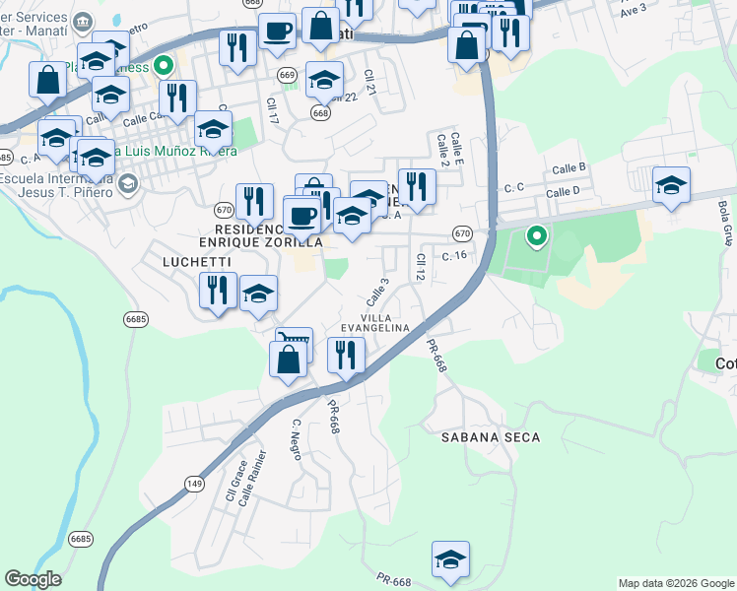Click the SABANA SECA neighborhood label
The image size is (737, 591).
[x=491, y=436]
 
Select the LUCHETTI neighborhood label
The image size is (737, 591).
[x=197, y=262]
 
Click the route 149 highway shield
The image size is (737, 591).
[x=193, y=480]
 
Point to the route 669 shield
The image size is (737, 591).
[x=287, y=76]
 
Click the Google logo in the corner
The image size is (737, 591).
[x=33, y=579]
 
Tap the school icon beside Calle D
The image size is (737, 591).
[x=671, y=186]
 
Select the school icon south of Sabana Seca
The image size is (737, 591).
[x=450, y=559]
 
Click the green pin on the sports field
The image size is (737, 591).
[x=537, y=236]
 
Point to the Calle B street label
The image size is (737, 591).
[x=569, y=169]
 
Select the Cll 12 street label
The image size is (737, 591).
[x=420, y=268]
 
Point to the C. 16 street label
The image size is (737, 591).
[x=453, y=255]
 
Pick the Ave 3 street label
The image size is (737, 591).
[x=635, y=8]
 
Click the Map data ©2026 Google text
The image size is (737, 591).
[x=677, y=583]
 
